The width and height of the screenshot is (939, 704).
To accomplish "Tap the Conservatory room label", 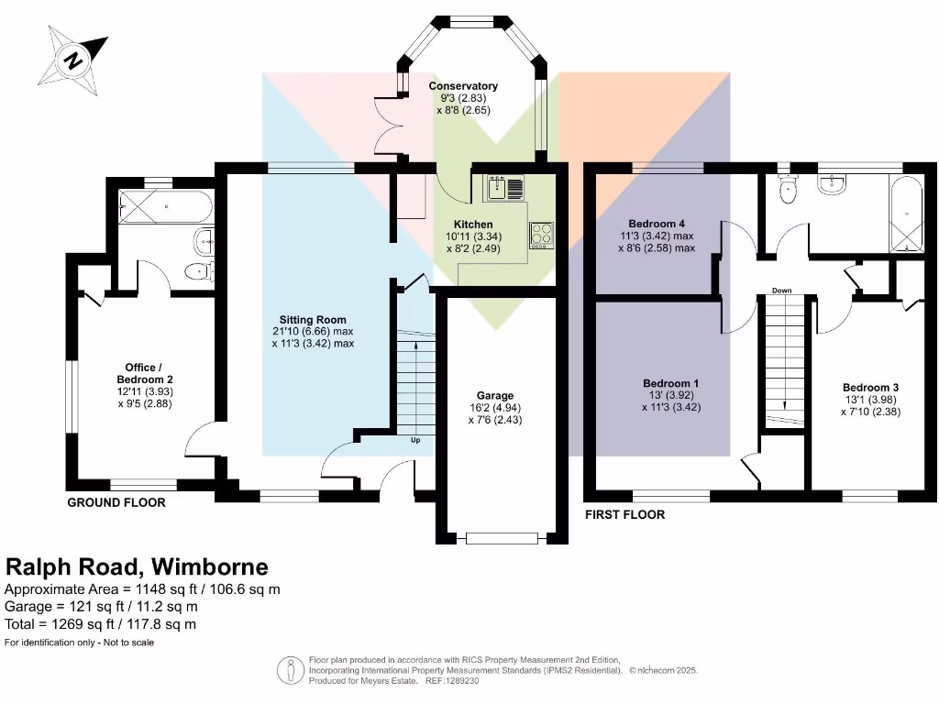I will click(x=463, y=86).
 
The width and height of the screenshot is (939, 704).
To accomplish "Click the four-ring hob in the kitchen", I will click(x=541, y=235).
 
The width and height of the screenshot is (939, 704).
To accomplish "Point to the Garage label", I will click(x=495, y=396).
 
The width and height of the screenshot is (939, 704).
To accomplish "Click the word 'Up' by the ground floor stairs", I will click(x=415, y=440).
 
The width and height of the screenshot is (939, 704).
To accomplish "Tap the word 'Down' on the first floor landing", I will click(x=781, y=291).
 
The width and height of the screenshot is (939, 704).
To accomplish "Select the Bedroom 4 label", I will click(x=657, y=224).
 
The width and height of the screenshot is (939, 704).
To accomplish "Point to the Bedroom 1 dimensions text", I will click(x=671, y=401).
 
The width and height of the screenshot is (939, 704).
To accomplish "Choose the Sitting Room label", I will click(x=312, y=320).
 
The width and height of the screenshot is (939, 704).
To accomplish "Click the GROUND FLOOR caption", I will click(x=116, y=502).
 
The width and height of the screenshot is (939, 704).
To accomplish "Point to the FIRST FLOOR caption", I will click(x=624, y=515).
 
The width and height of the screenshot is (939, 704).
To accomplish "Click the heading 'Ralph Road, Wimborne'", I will click(x=138, y=566).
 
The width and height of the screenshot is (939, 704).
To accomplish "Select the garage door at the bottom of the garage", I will click(x=502, y=539).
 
